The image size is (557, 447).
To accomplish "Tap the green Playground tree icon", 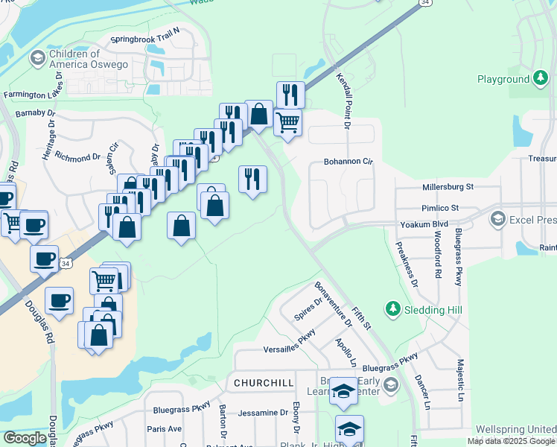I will click(x=541, y=79).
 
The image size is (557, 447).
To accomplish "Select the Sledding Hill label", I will click(x=424, y=308).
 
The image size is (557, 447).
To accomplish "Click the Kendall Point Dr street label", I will click(x=344, y=100).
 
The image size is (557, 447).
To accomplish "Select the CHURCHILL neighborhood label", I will click(x=263, y=383).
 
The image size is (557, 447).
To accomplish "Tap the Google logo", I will click(x=25, y=438).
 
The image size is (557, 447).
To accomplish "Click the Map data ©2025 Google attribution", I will click(x=511, y=441).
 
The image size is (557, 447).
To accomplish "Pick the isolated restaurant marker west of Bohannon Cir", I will click(x=252, y=179).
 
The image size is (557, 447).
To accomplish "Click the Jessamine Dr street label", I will click(x=263, y=412).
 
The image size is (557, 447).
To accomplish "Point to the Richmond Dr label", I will click(x=77, y=158).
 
